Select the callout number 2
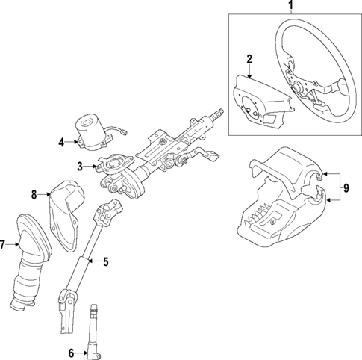pyautogui.click(x=249, y=59)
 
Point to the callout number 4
pyautogui.click(x=60, y=140)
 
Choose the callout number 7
pyautogui.click(x=3, y=244)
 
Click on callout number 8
pyautogui.click(x=34, y=196)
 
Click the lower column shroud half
pyautogui.click(x=276, y=224)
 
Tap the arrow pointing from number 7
pyautogui.click(x=13, y=244)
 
